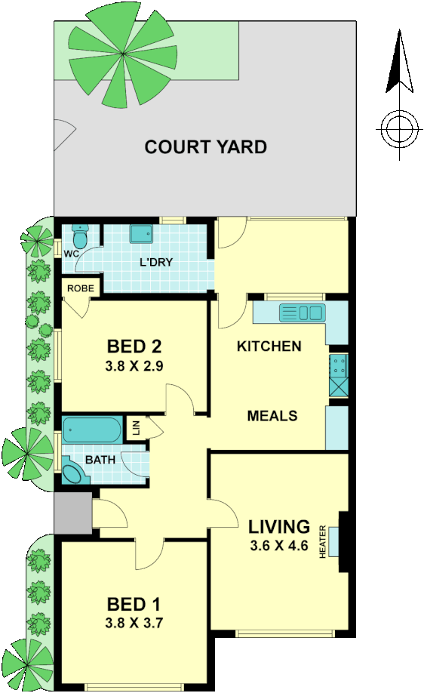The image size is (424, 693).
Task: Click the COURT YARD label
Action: click(x=205, y=146)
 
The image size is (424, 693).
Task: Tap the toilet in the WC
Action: click(x=79, y=236)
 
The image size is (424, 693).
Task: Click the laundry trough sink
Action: click(x=141, y=234)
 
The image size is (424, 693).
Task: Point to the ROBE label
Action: click(x=78, y=288)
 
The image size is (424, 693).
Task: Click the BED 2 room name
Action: click(x=135, y=347)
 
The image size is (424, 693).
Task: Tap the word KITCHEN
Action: click(x=269, y=346)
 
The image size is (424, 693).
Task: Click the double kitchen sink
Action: click(x=302, y=313)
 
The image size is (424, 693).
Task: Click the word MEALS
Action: click(x=272, y=416)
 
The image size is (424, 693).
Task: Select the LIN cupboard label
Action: click(x=137, y=428)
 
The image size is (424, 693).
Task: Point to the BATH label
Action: click(x=100, y=458)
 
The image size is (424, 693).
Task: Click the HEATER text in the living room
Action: click(x=322, y=542)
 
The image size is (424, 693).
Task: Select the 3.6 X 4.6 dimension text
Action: click(x=278, y=547)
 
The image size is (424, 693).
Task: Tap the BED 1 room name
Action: click(x=134, y=605)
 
